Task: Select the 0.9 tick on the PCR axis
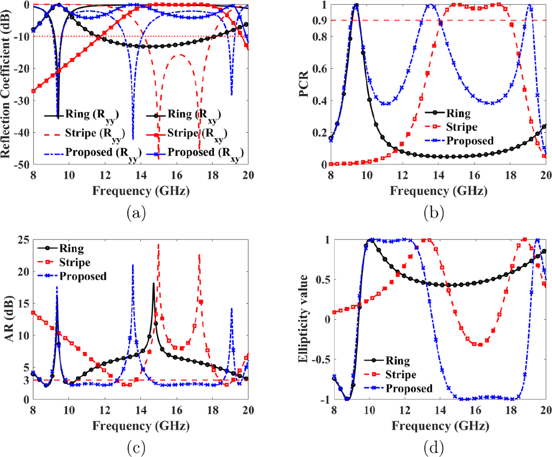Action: click(x=319, y=21)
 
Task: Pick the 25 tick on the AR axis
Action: click(x=22, y=240)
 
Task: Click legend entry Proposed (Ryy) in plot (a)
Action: click(x=95, y=152)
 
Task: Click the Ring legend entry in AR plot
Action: click(x=72, y=249)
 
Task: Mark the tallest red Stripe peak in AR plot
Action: click(x=159, y=245)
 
